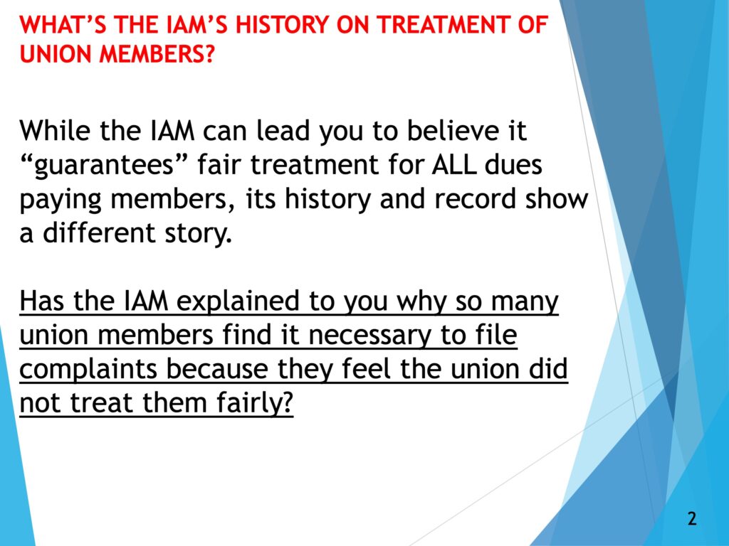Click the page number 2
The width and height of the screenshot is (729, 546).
692,518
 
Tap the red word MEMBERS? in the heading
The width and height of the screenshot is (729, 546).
157,54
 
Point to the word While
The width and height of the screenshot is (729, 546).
55,131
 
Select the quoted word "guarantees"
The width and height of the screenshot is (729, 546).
103,166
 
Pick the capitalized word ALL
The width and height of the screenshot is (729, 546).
453,164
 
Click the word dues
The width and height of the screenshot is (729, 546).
513,164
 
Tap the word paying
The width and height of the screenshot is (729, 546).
61,200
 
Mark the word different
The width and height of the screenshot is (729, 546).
98,232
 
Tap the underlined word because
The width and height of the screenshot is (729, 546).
217,369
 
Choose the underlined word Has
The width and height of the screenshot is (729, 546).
42,301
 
